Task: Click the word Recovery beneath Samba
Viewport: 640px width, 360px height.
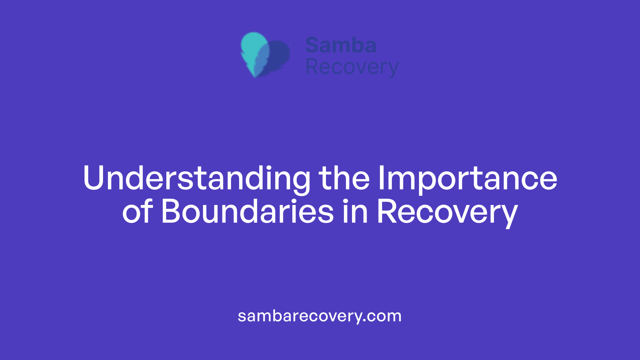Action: [352, 67]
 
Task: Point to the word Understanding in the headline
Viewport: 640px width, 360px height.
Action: [197, 178]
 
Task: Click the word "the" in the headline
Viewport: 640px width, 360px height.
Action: [344, 178]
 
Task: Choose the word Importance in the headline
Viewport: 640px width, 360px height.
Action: [467, 178]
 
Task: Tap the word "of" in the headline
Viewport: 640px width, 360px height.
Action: [137, 212]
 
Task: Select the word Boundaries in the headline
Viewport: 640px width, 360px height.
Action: [247, 212]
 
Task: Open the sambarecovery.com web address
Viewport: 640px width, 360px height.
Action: [320, 316]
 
